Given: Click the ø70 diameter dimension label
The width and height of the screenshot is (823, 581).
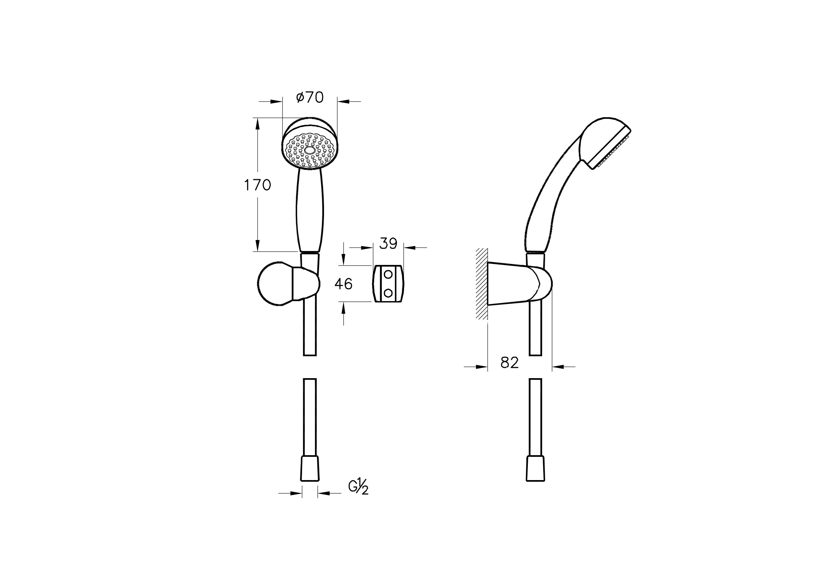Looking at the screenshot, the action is tap(310, 97).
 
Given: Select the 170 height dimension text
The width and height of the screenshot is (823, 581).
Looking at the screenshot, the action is tap(257, 185).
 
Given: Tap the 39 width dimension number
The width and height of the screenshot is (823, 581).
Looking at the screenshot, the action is tap(388, 244).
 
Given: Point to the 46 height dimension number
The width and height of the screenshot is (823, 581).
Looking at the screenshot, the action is tap(343, 284).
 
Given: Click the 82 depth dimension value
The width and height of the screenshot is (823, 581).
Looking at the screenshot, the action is tap(509, 363).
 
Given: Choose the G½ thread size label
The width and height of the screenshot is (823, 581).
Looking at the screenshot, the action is tap(359, 487).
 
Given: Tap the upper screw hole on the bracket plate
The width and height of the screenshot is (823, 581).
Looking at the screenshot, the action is tap(388, 275).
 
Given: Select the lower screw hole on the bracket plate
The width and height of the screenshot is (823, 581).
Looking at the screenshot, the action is tap(388, 293).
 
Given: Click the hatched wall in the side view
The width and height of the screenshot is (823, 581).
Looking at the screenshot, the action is tap(481, 284).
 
